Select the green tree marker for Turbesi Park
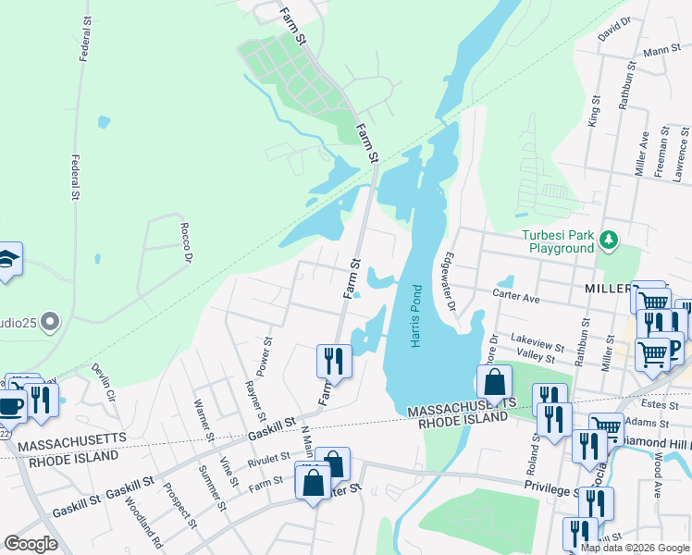click(609, 241)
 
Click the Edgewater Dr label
click(451, 281)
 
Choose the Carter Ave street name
click(516, 299)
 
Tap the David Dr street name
click(613, 30)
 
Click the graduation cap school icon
click(7, 261)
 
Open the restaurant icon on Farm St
click(334, 361)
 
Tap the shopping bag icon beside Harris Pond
click(495, 381)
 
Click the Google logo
click(31, 544)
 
